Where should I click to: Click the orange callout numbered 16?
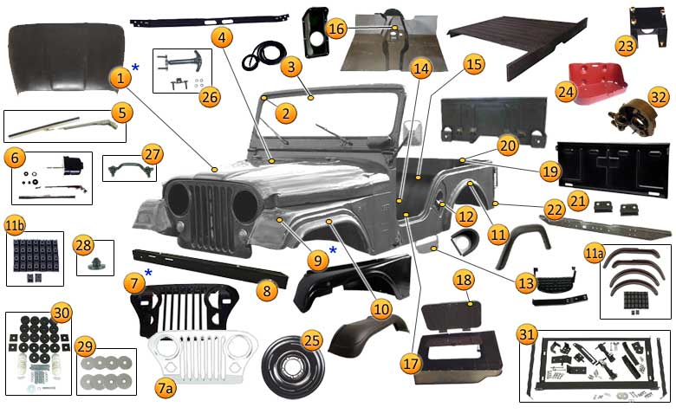[x=336, y=29]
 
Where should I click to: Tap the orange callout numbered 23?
[x=626, y=46]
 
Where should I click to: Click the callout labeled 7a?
[x=166, y=389]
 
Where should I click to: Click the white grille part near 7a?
[x=203, y=357]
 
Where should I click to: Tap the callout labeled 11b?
[x=15, y=225]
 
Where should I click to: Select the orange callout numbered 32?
[x=659, y=97]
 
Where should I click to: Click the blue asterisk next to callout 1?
[x=135, y=68]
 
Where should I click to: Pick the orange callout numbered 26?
[x=210, y=97]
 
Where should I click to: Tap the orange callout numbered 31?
[x=526, y=334]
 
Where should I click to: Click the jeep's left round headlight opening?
[x=178, y=200]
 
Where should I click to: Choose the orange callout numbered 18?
[x=464, y=280]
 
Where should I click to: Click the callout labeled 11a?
[x=593, y=254]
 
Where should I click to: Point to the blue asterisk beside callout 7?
[x=148, y=273]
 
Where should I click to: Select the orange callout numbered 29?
[x=85, y=346]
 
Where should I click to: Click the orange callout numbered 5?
[x=122, y=113]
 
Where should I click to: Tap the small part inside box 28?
[x=94, y=264]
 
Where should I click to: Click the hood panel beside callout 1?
[x=66, y=59]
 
